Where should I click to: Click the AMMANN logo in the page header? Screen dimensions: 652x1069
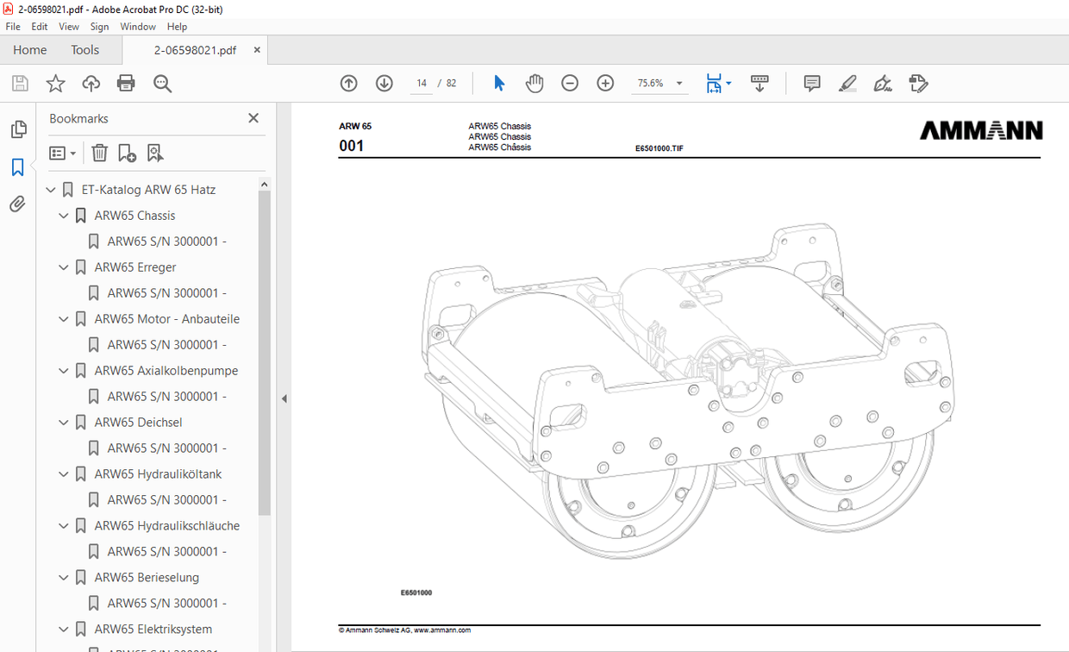point(981,130)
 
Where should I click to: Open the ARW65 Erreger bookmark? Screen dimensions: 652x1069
point(135,267)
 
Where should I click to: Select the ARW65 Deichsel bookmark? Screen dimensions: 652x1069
point(138,423)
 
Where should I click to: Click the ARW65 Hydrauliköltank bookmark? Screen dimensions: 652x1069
point(158,474)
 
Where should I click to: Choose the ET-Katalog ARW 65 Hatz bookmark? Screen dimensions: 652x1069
point(148,190)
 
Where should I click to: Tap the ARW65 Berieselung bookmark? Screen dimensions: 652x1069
point(147,578)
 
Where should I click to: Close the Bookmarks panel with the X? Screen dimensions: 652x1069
point(253,118)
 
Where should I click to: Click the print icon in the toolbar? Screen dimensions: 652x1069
point(126,84)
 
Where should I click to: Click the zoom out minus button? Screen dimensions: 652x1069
point(570,84)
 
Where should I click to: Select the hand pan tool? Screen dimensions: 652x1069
point(534,84)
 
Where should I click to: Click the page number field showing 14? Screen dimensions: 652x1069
point(422,84)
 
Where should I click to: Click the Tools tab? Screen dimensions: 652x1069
point(84,50)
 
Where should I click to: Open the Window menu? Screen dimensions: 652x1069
point(138,27)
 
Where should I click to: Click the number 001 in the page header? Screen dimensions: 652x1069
point(352,146)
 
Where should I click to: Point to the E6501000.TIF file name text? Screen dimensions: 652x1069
point(659,148)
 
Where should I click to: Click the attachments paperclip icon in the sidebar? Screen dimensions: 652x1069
point(17,204)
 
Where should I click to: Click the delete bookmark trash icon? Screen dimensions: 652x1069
point(100,153)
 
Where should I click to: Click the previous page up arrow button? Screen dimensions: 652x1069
point(348,84)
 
